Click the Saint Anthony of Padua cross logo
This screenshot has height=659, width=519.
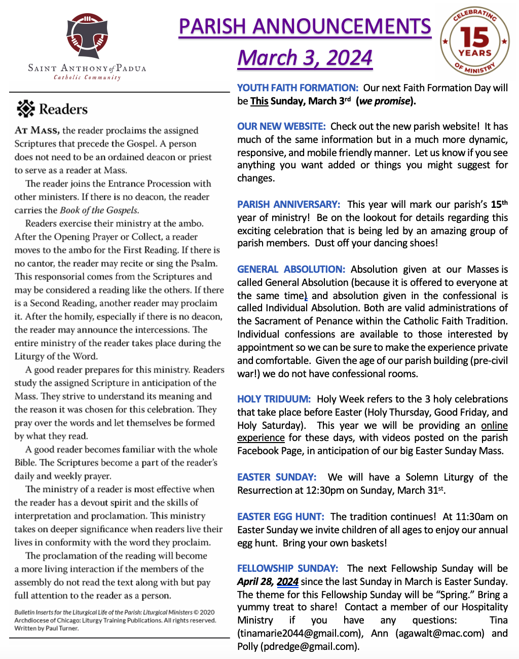pyautogui.click(x=87, y=36)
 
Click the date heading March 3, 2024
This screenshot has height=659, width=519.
pyautogui.click(x=305, y=58)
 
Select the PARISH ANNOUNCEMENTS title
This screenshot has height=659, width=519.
pyautogui.click(x=305, y=26)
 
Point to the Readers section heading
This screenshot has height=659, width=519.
pyautogui.click(x=63, y=109)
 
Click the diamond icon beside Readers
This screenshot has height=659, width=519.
pyautogui.click(x=25, y=108)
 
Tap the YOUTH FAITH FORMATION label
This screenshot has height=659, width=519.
pyautogui.click(x=298, y=88)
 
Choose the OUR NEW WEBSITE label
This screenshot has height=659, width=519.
pyautogui.click(x=281, y=126)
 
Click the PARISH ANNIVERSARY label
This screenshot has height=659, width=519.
pyautogui.click(x=288, y=204)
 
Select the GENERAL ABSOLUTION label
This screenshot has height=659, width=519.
pyautogui.click(x=291, y=269)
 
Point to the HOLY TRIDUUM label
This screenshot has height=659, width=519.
pyautogui.click(x=274, y=399)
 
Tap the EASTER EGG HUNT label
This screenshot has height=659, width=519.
pyautogui.click(x=280, y=517)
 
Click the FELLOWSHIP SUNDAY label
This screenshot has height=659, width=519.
pyautogui.click(x=287, y=568)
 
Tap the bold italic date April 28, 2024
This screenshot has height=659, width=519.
pyautogui.click(x=268, y=581)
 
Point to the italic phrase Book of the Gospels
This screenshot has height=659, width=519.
pyautogui.click(x=99, y=210)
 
